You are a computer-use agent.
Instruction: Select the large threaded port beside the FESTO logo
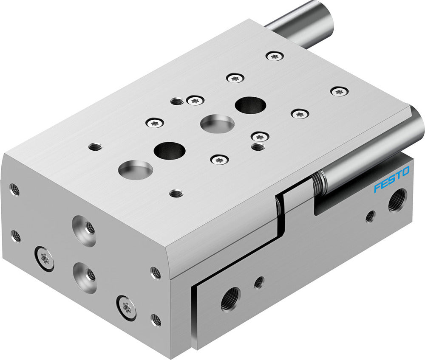[x=397, y=200]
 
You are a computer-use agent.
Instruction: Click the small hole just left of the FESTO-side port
[x=370, y=216]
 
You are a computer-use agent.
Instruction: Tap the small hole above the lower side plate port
[x=258, y=282]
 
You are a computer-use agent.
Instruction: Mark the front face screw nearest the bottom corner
[x=126, y=307]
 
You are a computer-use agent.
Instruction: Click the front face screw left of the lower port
[x=44, y=258]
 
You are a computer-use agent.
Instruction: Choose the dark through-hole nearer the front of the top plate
[x=170, y=151]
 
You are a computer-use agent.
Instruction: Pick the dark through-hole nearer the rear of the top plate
[x=250, y=105]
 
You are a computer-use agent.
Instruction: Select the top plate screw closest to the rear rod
[x=275, y=56]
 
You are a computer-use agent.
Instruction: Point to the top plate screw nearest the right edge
[x=339, y=91]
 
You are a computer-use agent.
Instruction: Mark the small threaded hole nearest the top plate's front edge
[x=176, y=194]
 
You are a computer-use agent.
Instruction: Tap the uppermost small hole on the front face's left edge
[x=14, y=190]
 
